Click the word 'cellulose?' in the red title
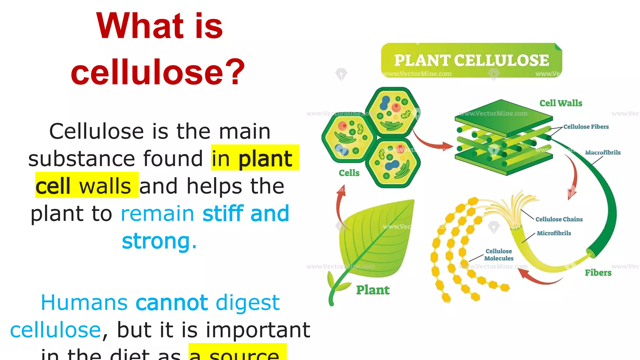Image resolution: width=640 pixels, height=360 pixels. pyautogui.click(x=158, y=72)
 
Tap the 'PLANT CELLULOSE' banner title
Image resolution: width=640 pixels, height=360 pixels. pyautogui.click(x=471, y=60)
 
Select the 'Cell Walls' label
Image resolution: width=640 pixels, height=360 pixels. pyautogui.click(x=561, y=103)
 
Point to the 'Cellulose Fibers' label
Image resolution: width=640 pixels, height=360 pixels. pyautogui.click(x=586, y=127)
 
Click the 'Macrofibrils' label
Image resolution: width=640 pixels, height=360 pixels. pyautogui.click(x=602, y=152)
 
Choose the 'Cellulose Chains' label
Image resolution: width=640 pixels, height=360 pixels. pyautogui.click(x=559, y=219)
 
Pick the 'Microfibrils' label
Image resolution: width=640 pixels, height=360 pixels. pyautogui.click(x=554, y=233)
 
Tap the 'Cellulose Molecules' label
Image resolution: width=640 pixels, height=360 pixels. pyautogui.click(x=499, y=255)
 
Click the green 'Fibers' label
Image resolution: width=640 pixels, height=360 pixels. pyautogui.click(x=598, y=273)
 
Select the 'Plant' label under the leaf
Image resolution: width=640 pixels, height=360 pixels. pyautogui.click(x=373, y=290)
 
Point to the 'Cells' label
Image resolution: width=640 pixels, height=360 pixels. pyautogui.click(x=349, y=173)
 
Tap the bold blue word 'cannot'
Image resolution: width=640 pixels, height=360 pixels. pyautogui.click(x=172, y=302)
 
